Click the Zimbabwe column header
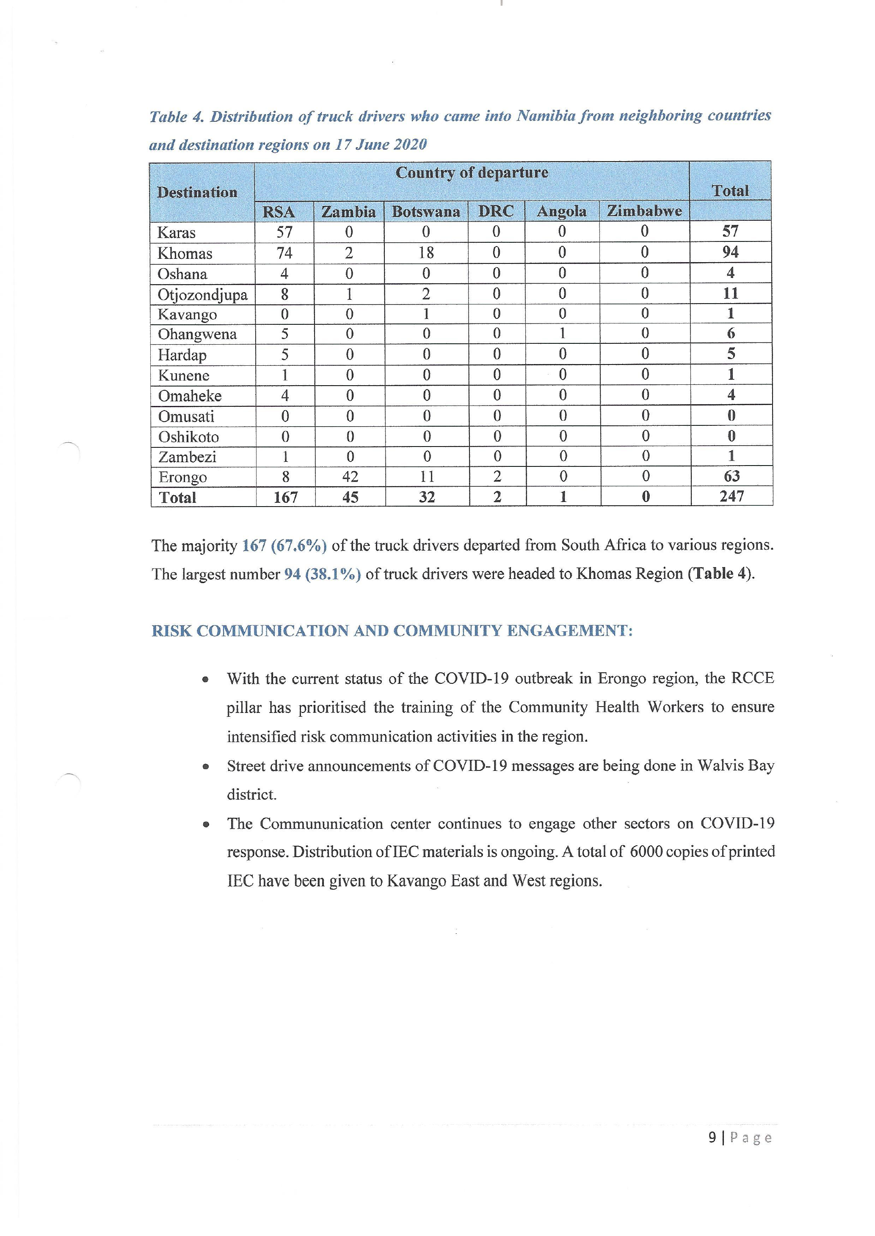point(644,211)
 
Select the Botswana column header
point(425,211)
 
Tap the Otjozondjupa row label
point(203,294)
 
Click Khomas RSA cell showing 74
point(284,252)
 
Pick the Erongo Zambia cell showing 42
point(350,477)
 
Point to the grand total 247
point(731,496)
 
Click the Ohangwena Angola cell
point(562,334)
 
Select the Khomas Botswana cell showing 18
point(425,252)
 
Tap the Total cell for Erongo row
point(731,476)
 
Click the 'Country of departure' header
point(472,173)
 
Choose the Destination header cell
point(197,192)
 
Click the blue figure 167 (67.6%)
point(284,545)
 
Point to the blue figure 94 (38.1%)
point(322,574)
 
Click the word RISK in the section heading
point(171,631)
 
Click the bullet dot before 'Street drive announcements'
point(205,767)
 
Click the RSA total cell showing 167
point(285,497)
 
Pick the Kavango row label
point(187,314)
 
